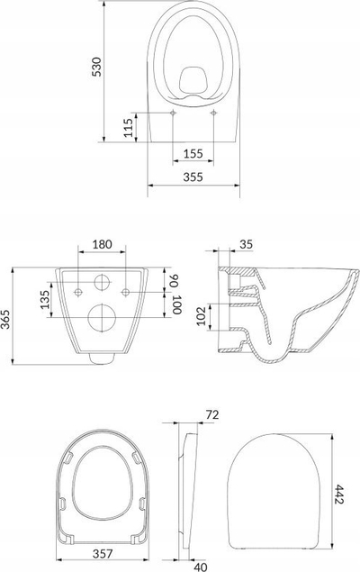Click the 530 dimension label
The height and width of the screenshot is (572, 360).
[96, 67]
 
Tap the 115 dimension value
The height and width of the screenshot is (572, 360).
[129, 127]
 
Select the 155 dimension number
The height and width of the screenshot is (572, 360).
[193, 153]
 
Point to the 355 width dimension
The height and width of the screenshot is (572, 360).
[193, 177]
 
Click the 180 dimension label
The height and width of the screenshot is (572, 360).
[102, 244]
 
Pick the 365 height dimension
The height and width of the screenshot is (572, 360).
[5, 319]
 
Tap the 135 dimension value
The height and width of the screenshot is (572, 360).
[45, 299]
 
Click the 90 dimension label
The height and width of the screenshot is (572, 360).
[175, 281]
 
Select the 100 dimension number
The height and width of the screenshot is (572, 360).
[176, 304]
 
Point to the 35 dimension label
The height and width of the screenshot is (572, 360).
[246, 244]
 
